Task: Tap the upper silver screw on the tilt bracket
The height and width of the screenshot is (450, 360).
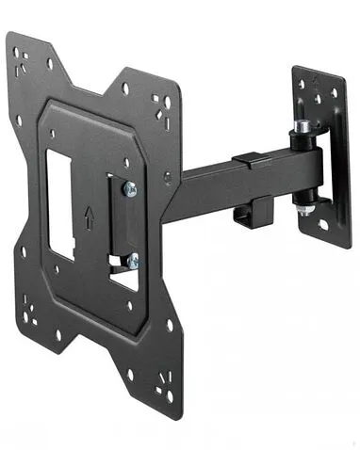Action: coord(130,189)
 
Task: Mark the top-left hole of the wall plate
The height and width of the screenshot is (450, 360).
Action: coord(301,84)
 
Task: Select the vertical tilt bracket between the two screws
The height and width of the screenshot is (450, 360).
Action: coord(124,224)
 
